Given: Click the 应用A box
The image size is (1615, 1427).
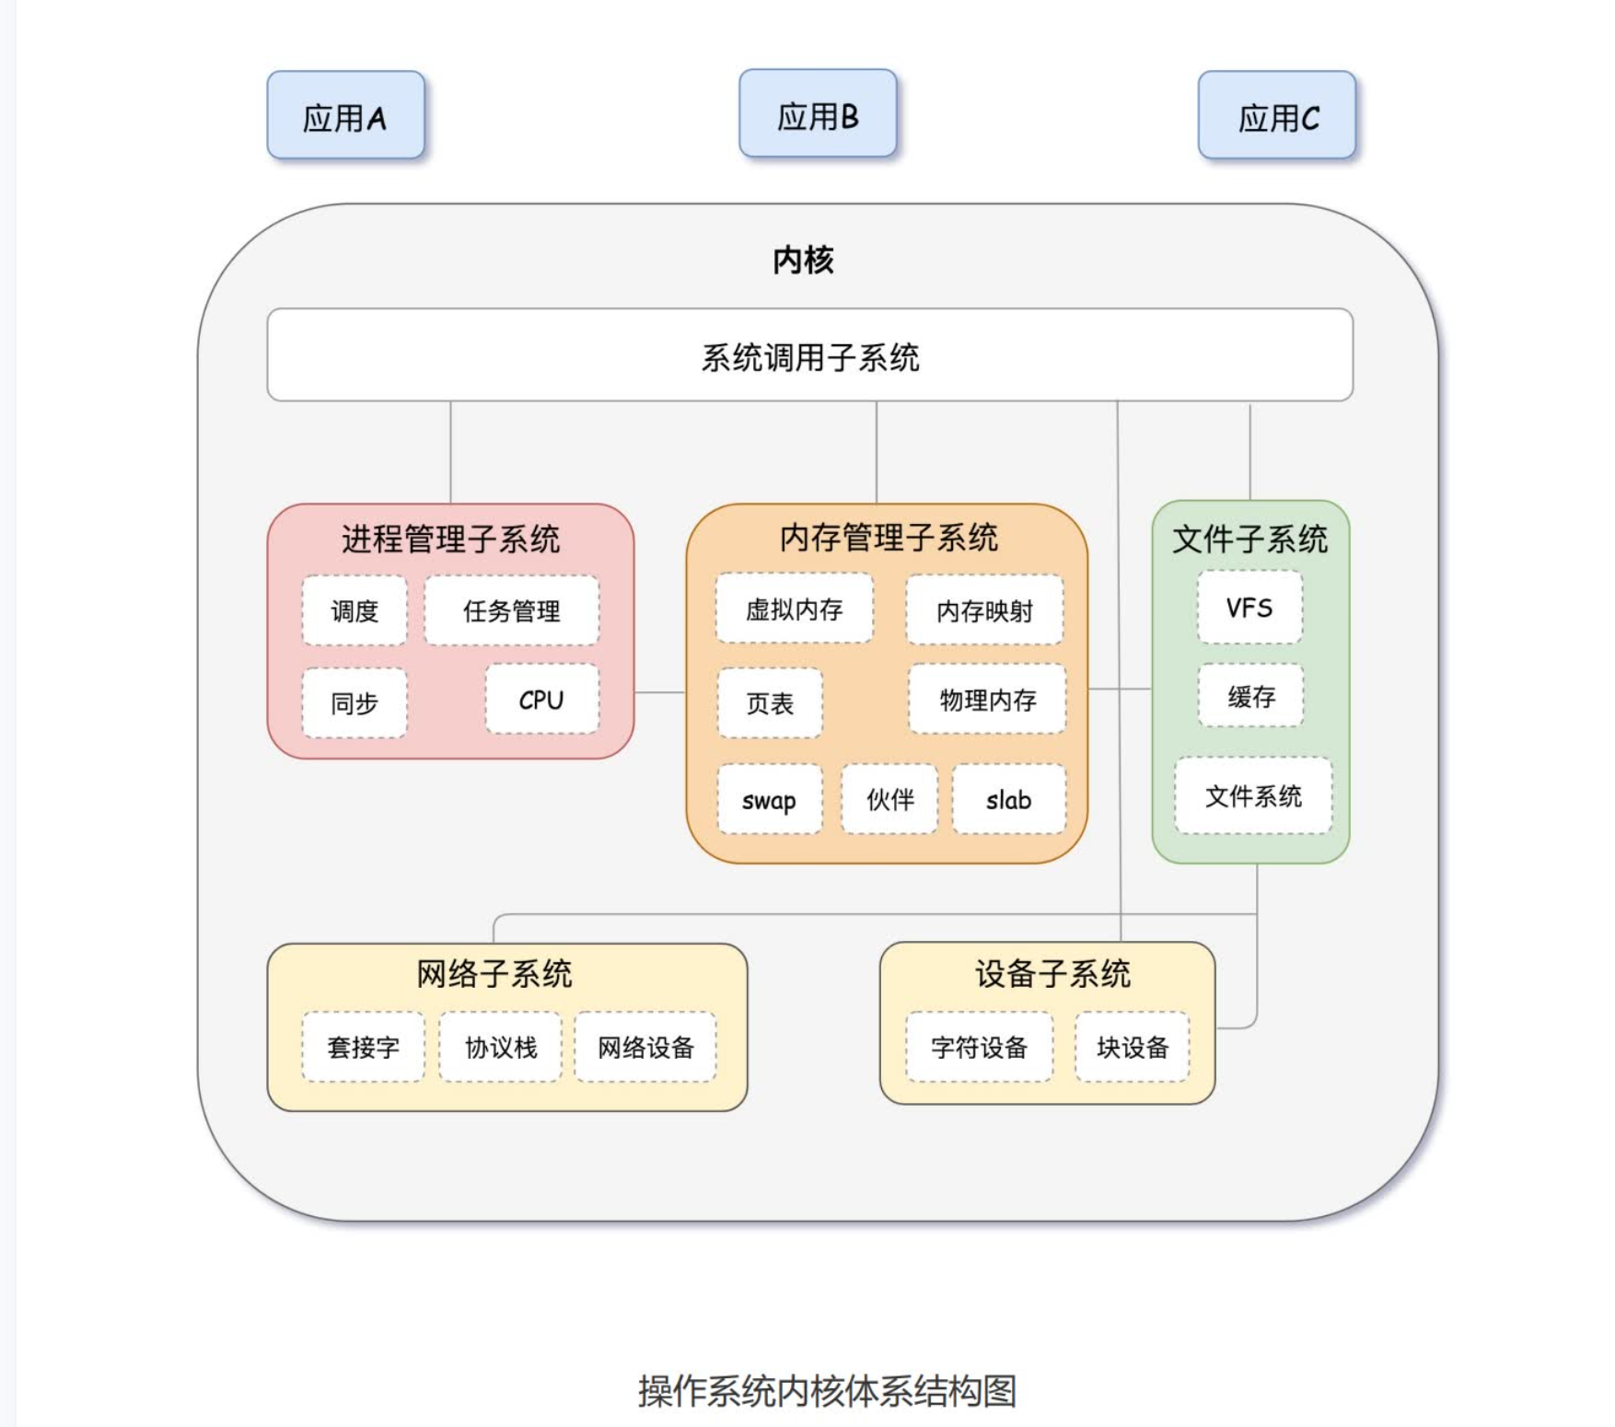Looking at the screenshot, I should [345, 116].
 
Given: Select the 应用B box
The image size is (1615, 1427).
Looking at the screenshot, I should [818, 114].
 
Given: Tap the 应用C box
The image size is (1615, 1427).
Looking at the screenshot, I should [1276, 116].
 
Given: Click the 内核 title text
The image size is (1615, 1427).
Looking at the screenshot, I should [803, 261].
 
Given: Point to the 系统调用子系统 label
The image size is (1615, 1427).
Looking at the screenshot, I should [809, 357].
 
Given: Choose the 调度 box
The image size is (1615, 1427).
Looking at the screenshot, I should [354, 610].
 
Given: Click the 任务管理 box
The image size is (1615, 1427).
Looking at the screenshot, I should [511, 610].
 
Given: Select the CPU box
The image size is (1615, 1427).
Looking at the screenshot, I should [541, 700].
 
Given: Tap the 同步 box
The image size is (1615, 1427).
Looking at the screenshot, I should [354, 703].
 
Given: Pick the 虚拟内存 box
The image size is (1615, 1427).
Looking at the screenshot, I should [794, 609].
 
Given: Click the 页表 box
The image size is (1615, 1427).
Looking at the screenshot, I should [770, 703].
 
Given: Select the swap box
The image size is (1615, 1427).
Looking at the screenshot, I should [769, 800].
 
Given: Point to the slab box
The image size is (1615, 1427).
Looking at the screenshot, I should [1008, 800].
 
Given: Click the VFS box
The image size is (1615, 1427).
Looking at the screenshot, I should [1249, 608].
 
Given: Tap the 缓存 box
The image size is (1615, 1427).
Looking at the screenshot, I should [1250, 696].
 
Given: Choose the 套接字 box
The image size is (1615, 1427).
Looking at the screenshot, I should [363, 1047].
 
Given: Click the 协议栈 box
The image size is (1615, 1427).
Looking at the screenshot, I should [500, 1047].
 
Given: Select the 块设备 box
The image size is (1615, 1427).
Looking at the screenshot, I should [1132, 1047].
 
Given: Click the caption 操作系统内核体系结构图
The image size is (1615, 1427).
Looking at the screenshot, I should [826, 1390].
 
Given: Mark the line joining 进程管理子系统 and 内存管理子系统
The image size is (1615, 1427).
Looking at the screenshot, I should [660, 692].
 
